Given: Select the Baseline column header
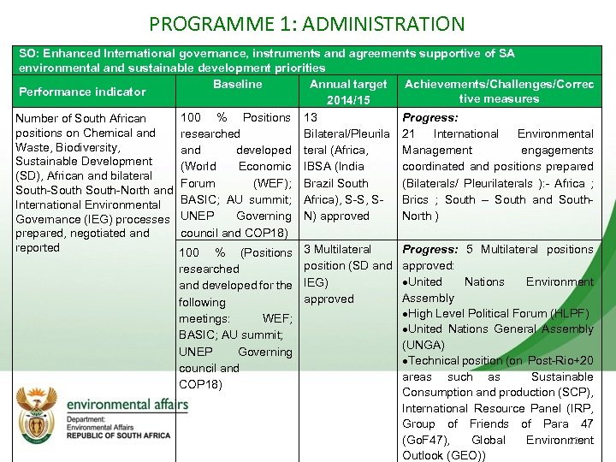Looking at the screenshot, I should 237,84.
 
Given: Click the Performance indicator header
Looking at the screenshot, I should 82,92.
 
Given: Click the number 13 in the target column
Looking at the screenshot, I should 311,117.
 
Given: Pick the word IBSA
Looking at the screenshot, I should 320,166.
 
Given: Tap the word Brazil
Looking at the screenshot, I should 322,182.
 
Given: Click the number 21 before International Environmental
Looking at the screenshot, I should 409,133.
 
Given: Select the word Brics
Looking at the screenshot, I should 418,199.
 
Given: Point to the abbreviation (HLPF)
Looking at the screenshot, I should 569,313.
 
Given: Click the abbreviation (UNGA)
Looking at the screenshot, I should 423,345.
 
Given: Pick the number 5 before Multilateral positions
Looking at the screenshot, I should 470,249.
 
